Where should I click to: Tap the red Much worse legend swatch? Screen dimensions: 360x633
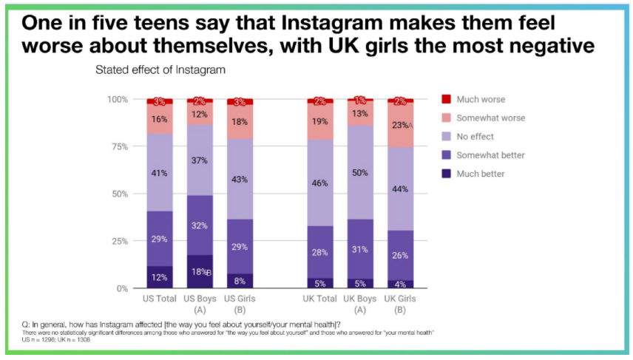click(x=446, y=99)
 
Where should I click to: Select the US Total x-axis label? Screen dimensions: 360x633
click(x=159, y=299)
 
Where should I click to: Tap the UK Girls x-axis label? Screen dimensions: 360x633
click(x=400, y=299)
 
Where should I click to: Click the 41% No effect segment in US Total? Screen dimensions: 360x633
click(x=160, y=172)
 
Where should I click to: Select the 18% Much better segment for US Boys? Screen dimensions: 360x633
click(x=200, y=271)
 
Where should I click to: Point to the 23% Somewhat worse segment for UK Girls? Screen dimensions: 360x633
click(x=400, y=125)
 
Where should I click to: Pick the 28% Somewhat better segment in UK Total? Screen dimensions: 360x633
click(x=319, y=252)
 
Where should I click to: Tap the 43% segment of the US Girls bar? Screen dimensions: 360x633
click(x=240, y=179)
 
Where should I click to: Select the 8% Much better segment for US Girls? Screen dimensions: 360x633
click(x=240, y=280)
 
